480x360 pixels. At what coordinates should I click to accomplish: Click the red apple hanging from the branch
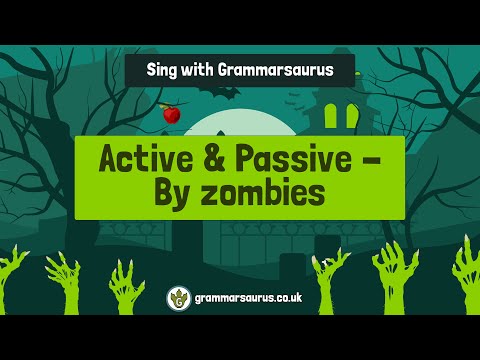point(171,115)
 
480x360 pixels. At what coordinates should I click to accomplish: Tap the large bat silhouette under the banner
point(223,93)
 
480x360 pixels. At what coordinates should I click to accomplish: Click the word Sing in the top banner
point(165,70)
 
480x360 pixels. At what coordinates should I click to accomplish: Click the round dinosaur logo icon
point(179,298)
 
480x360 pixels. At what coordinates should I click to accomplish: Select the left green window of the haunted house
point(333,117)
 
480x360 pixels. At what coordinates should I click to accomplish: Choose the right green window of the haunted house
point(352,117)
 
